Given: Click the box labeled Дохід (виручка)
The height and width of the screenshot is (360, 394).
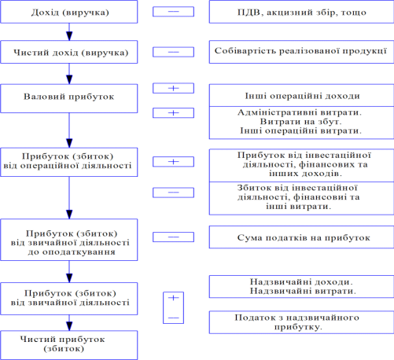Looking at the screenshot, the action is (x=69, y=12).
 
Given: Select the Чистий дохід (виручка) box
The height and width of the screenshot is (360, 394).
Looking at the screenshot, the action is (x=69, y=52).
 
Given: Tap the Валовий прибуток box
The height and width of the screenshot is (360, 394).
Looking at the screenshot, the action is (x=69, y=98).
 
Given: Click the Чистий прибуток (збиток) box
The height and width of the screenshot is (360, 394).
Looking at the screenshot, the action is (x=69, y=345).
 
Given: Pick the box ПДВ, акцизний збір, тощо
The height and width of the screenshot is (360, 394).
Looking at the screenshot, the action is (x=301, y=12).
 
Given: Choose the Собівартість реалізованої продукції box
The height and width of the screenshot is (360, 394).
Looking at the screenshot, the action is (x=301, y=52).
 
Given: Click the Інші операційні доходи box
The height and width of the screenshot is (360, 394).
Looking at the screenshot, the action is (x=301, y=95).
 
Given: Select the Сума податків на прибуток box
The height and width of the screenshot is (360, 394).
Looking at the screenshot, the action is (x=301, y=237).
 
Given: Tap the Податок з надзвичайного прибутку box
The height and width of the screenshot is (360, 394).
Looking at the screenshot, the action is (x=301, y=322).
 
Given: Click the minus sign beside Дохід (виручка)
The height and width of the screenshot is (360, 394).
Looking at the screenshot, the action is (x=173, y=12).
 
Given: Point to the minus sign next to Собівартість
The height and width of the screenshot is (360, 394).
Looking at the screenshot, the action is (x=173, y=52).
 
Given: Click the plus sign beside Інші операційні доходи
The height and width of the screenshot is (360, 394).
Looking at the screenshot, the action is (x=173, y=88).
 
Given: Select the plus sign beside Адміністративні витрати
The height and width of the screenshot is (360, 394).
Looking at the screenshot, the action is (x=173, y=113).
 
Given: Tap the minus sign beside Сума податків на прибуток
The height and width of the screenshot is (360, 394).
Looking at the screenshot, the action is (x=173, y=237).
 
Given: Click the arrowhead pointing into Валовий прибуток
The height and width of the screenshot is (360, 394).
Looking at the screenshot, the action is (x=69, y=79).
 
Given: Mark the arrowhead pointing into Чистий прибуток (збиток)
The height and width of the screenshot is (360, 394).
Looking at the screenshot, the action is (x=69, y=326).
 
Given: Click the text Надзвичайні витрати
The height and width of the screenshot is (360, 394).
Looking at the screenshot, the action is (x=303, y=291).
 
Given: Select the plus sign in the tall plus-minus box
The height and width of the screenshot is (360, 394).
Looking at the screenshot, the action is (x=173, y=298).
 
